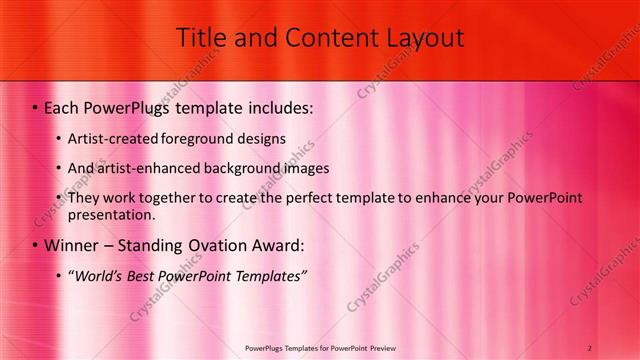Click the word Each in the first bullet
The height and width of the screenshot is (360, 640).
63,106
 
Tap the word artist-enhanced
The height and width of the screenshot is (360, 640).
143,168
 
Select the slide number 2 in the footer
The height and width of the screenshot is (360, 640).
590,348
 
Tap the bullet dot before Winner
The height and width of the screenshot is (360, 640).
34,246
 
